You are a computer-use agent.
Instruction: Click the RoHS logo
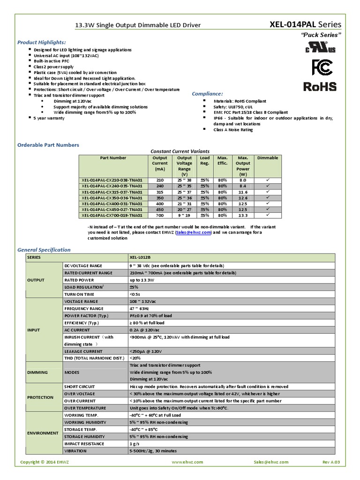(320, 86)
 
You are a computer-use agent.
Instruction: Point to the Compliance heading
(208, 94)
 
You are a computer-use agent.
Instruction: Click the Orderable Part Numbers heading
(48, 145)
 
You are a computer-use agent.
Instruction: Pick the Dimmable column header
(268, 158)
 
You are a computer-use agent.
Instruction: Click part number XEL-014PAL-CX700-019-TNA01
(112, 216)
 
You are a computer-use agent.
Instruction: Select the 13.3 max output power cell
(243, 216)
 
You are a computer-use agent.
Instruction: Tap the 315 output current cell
(160, 192)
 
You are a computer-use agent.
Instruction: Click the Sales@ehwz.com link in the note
(194, 232)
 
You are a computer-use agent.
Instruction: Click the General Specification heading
(44, 250)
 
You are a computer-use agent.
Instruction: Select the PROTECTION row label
(40, 397)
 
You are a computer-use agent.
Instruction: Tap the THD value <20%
(135, 358)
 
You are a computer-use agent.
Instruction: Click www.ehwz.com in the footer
(187, 462)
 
